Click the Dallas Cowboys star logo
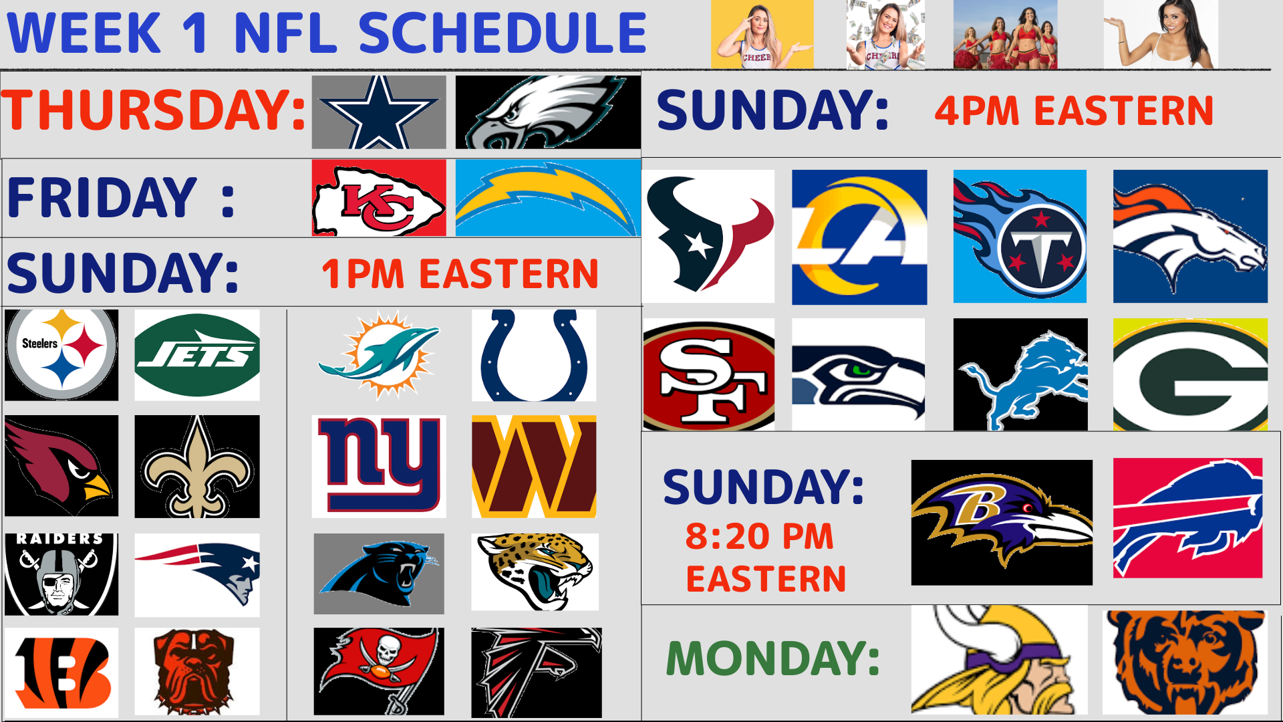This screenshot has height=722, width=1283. tap(378, 112)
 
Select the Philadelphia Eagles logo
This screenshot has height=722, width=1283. tap(548, 112)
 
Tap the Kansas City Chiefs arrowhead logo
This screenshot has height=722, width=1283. tap(378, 199)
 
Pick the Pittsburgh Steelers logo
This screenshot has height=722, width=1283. tap(61, 354)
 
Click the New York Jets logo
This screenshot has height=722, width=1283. tap(197, 355)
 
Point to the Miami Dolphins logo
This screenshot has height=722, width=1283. tap(378, 355)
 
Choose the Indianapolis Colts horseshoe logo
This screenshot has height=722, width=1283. tap(534, 355)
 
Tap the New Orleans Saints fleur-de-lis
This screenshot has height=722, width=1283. tap(197, 467)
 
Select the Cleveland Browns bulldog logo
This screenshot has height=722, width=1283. tap(197, 671)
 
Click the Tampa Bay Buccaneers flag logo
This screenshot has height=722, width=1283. tap(378, 671)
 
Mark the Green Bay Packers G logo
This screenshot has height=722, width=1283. tap(1190, 374)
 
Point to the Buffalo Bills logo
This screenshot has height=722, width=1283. tap(1187, 518)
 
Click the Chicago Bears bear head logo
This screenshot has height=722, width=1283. tap(1185, 662)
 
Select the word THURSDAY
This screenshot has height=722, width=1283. tap(154, 110)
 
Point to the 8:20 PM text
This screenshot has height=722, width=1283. tap(760, 536)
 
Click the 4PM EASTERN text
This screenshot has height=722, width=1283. tap(1074, 111)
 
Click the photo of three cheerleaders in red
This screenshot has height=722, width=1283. tap(1005, 35)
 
